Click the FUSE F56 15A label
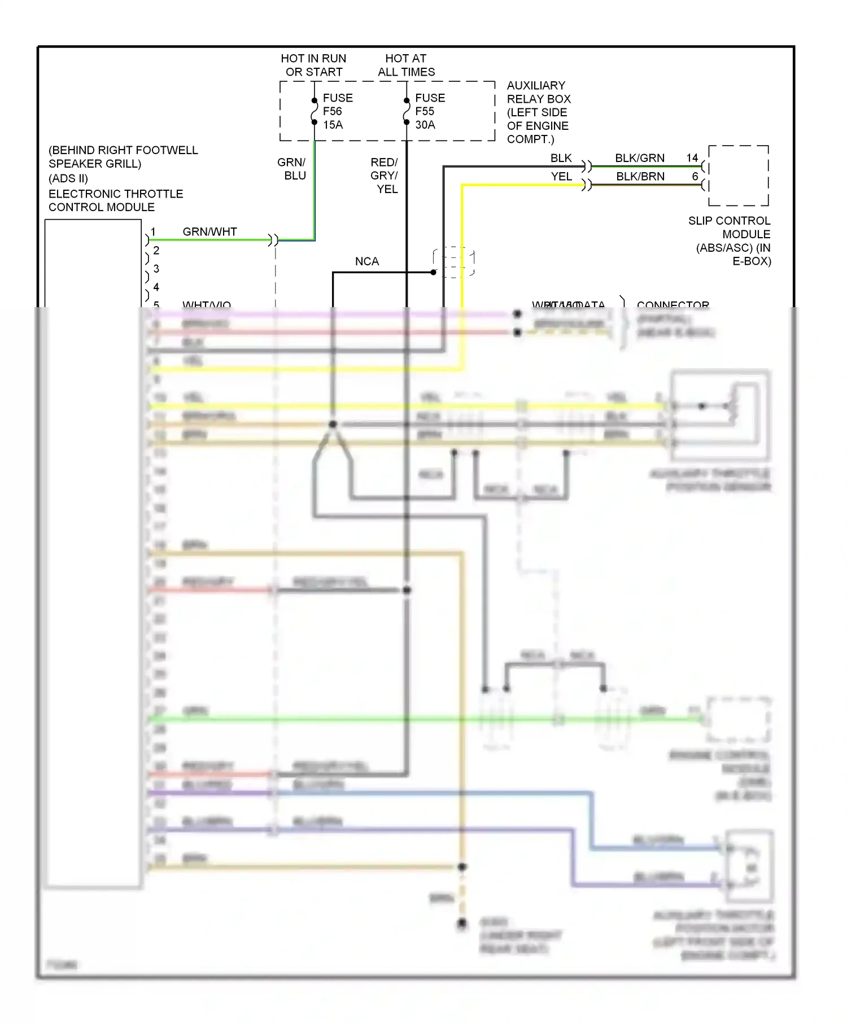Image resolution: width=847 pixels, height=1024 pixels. (337, 111)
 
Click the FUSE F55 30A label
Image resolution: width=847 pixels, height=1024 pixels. (429, 111)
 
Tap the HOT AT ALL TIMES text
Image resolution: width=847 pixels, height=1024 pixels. (406, 65)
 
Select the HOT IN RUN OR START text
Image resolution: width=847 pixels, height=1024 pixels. (313, 65)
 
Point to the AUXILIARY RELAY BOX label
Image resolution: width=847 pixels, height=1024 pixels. (538, 112)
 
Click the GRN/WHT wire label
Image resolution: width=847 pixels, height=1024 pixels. (209, 231)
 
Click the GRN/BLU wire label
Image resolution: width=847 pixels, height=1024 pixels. (292, 169)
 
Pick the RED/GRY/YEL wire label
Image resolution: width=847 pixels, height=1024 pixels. (385, 176)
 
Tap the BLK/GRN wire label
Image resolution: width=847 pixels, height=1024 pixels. (639, 158)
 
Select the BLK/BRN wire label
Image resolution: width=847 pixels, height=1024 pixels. (640, 177)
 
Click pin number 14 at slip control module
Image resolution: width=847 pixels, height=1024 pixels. (692, 158)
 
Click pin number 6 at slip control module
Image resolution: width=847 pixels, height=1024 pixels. (695, 177)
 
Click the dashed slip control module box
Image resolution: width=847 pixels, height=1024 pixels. (739, 176)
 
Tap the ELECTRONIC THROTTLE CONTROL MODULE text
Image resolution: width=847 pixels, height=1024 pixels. (115, 200)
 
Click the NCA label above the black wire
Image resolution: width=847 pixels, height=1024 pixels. (367, 261)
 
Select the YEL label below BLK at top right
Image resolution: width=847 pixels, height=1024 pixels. (561, 177)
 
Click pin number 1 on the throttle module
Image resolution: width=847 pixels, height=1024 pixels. (153, 232)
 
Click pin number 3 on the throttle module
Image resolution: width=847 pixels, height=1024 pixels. (156, 269)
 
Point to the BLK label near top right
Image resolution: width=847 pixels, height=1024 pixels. (561, 158)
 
